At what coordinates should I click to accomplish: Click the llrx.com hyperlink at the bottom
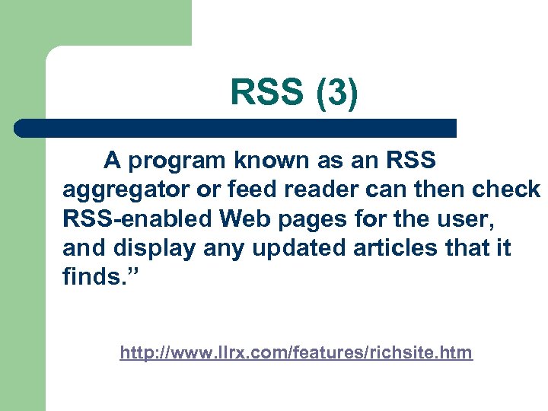(x=296, y=353)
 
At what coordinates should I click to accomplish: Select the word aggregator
(x=121, y=190)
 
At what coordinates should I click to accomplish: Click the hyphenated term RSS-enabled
(x=138, y=219)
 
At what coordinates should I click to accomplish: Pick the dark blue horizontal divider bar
(x=236, y=128)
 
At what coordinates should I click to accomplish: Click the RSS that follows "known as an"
(x=410, y=161)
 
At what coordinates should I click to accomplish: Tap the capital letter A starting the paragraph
(x=112, y=161)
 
